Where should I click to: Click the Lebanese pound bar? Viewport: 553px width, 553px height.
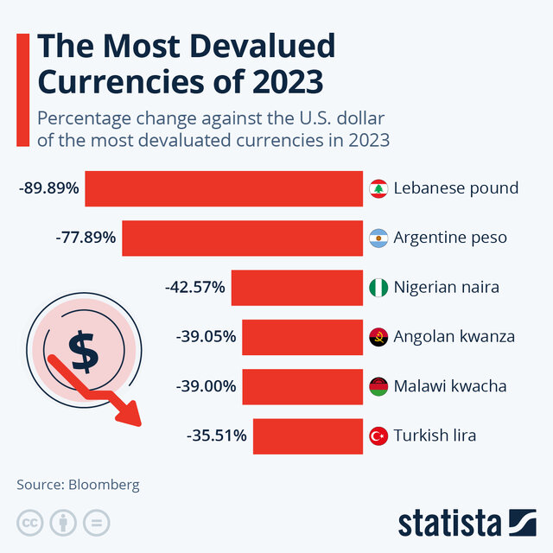click(224, 188)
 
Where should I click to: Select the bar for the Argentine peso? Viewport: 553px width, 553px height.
click(242, 238)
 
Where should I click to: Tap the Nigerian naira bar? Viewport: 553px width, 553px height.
click(296, 287)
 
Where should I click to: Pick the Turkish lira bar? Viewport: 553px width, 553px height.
click(308, 435)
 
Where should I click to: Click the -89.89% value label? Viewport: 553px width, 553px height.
click(48, 188)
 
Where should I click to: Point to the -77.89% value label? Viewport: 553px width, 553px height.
click(85, 238)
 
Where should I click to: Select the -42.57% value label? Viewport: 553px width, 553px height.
click(194, 287)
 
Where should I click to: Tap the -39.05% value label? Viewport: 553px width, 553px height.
click(206, 336)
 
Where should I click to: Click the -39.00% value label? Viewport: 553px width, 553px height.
click(206, 386)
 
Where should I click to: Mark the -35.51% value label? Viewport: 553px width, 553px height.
click(217, 435)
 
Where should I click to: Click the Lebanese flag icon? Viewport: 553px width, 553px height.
click(378, 188)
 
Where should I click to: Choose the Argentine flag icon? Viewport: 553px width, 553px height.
click(378, 238)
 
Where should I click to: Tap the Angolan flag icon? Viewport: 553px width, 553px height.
click(378, 336)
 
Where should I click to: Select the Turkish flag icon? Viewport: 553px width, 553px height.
click(378, 435)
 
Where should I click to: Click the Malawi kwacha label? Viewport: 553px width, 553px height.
click(449, 386)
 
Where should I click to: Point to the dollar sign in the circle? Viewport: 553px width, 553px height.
click(83, 350)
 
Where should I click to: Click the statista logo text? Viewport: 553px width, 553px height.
click(449, 523)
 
